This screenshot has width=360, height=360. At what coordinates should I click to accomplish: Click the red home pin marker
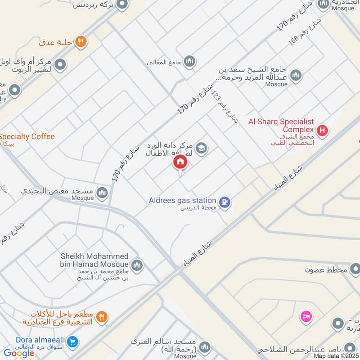point(180,162)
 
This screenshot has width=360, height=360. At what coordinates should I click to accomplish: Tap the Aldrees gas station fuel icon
point(225,202)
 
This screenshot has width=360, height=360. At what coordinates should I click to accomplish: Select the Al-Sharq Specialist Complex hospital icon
point(322,131)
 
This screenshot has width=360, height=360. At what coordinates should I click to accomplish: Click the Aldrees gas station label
point(183,200)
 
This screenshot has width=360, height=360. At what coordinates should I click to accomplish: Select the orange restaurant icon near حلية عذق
point(81,42)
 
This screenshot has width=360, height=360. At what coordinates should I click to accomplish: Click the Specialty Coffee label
point(27,136)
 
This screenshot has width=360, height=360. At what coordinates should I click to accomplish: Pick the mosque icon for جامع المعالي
point(189,61)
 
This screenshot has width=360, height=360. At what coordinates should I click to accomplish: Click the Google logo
point(19,353)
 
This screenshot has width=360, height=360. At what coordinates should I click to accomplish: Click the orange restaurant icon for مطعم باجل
point(102,317)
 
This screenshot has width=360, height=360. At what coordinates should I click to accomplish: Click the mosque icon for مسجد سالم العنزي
point(205,346)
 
